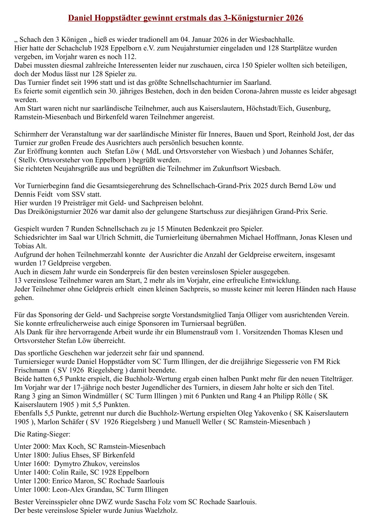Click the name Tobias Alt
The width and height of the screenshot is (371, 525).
[30, 246]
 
